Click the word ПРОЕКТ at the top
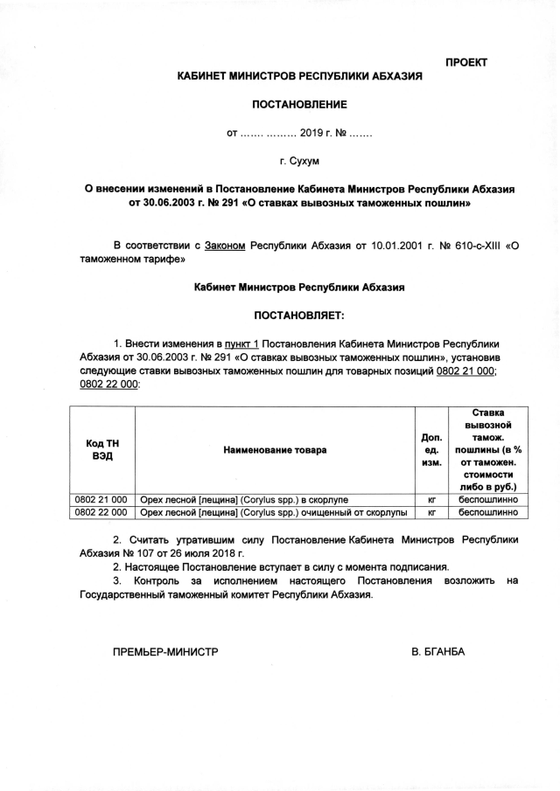[466, 62]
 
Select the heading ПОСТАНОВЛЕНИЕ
[299, 105]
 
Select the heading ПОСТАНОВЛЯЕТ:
[299, 313]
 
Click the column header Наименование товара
[275, 450]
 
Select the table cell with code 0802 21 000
[101, 499]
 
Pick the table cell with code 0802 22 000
[101, 512]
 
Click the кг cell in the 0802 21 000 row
[431, 499]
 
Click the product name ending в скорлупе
[244, 499]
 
